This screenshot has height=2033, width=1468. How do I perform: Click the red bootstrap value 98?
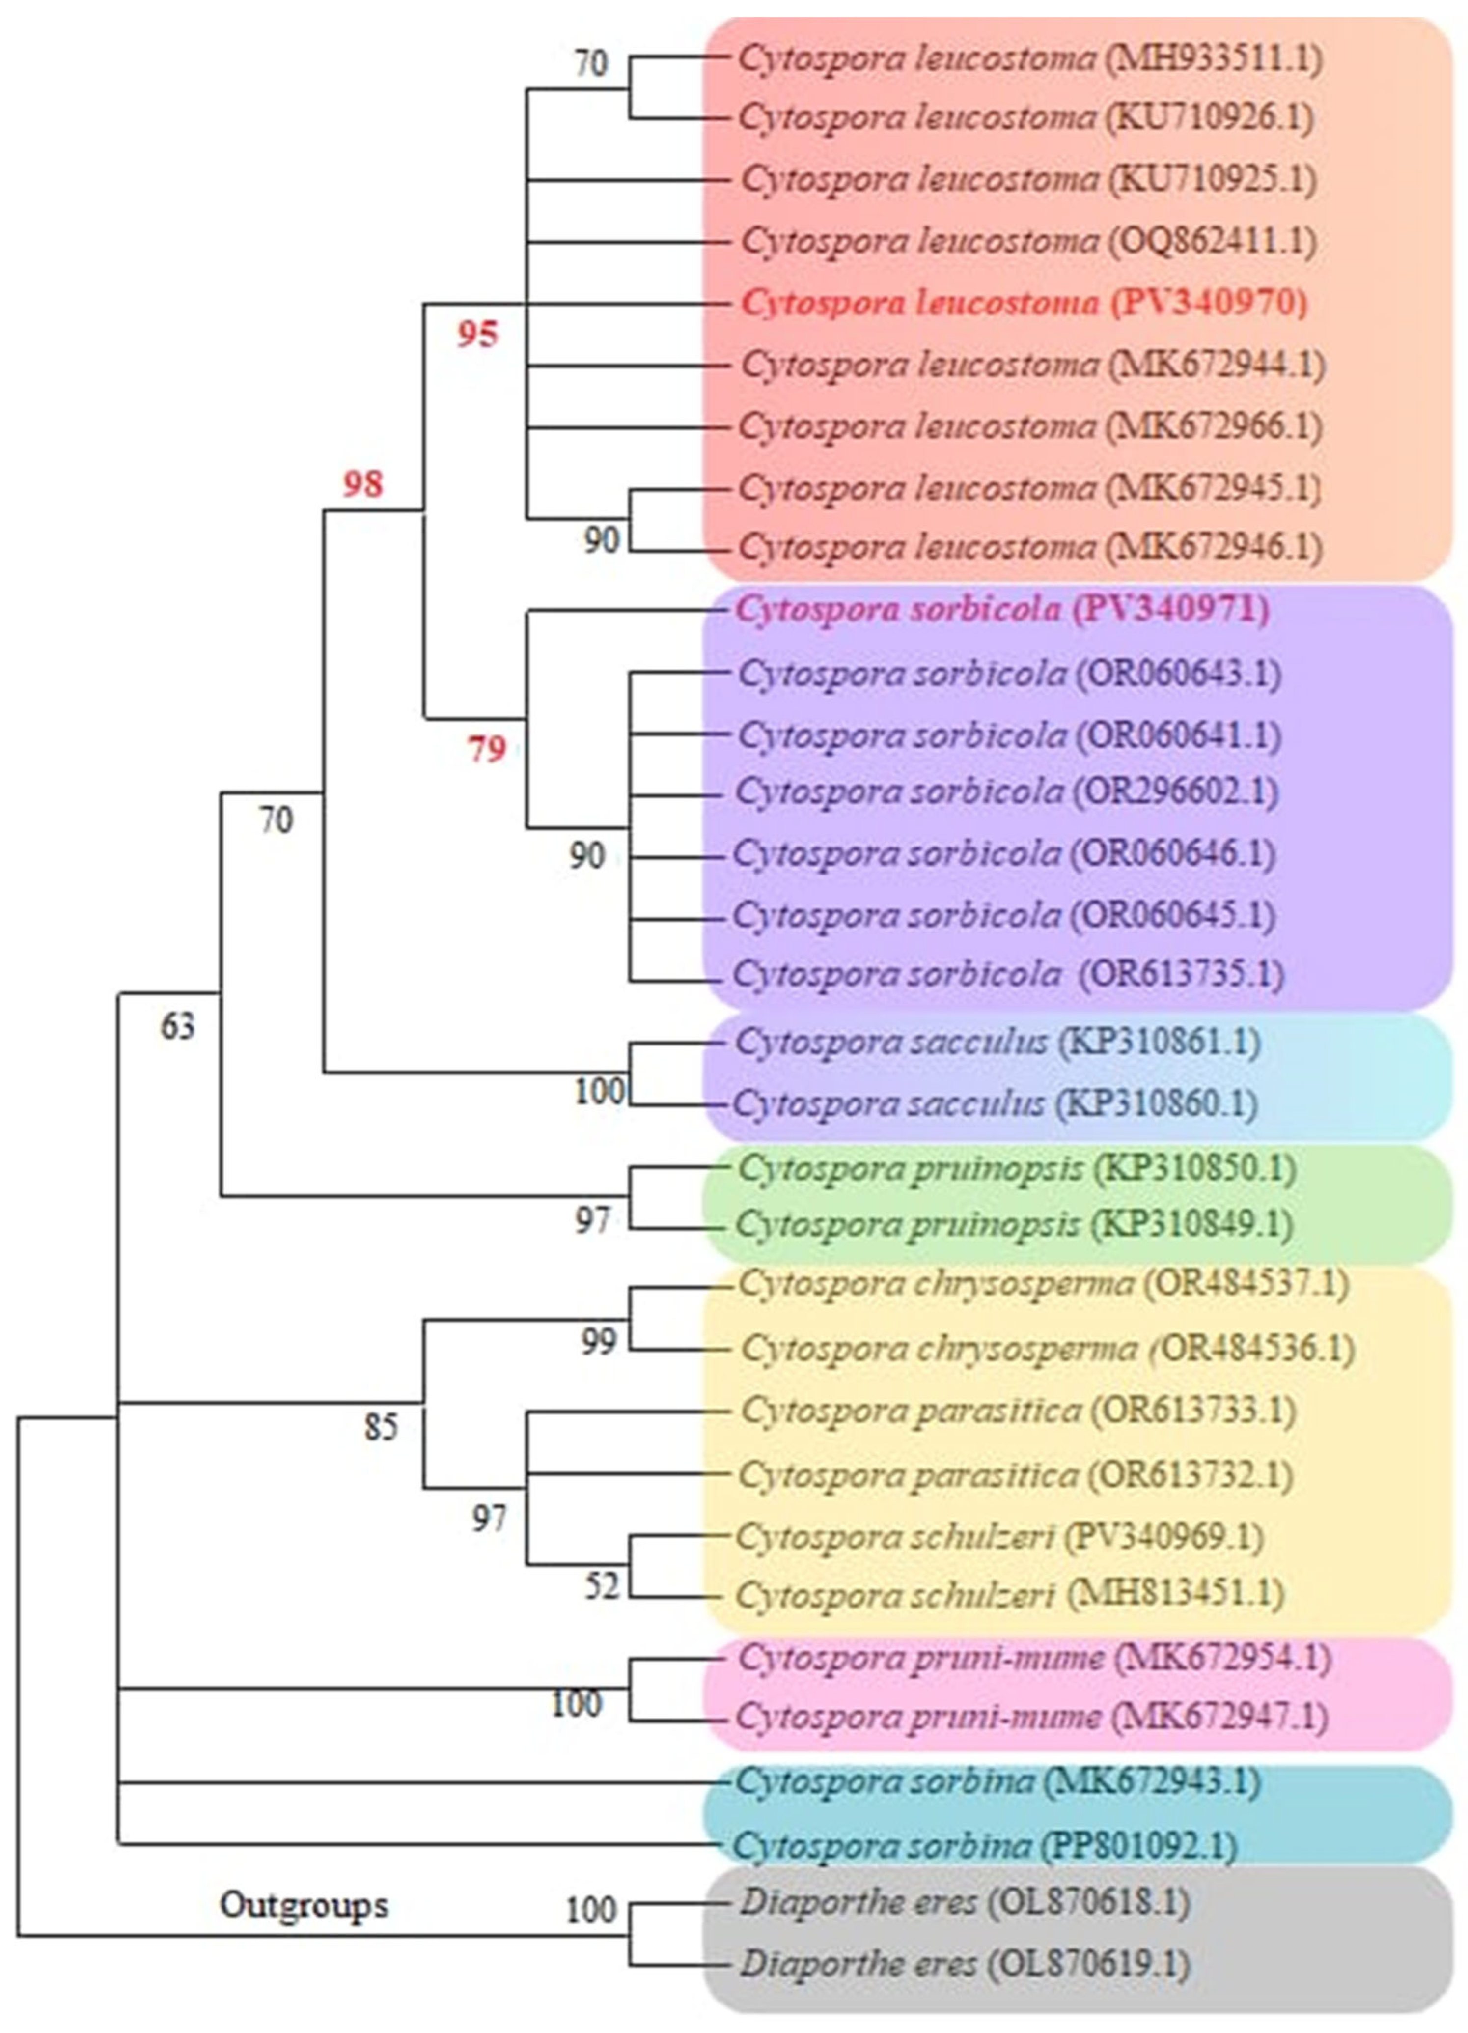click(363, 485)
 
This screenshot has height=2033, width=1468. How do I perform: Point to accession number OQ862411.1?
click(1212, 240)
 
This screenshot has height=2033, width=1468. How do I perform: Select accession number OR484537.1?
click(1246, 1284)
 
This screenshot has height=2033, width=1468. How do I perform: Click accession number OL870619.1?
click(1088, 1965)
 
